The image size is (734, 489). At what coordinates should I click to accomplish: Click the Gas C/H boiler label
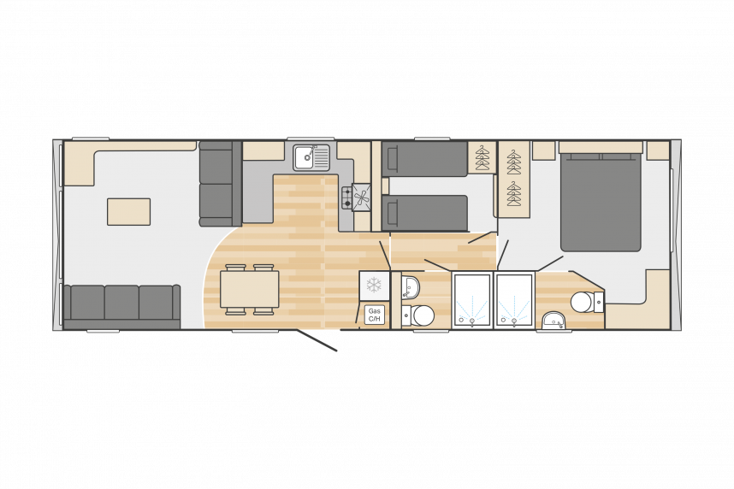[374, 315]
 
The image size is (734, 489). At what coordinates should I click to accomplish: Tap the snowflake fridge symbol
[374, 286]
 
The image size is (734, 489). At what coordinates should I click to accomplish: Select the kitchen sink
[311, 157]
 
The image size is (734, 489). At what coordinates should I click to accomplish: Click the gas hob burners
[346, 197]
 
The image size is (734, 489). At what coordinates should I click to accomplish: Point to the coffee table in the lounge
[128, 211]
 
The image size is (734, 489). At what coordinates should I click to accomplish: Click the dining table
[250, 289]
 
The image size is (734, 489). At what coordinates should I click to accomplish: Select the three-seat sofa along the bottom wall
[121, 307]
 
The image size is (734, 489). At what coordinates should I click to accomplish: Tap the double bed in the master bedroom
[601, 202]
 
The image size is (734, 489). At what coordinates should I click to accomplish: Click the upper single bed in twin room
[424, 159]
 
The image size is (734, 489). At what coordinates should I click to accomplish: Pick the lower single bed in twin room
[424, 213]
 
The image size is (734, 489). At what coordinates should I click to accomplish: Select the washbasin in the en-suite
[554, 321]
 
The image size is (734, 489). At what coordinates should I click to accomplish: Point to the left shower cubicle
[472, 300]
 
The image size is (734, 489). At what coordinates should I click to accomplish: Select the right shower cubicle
[514, 300]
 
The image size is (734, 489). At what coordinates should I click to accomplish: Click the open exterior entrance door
[316, 340]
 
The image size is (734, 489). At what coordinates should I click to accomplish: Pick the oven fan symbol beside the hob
[362, 197]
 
